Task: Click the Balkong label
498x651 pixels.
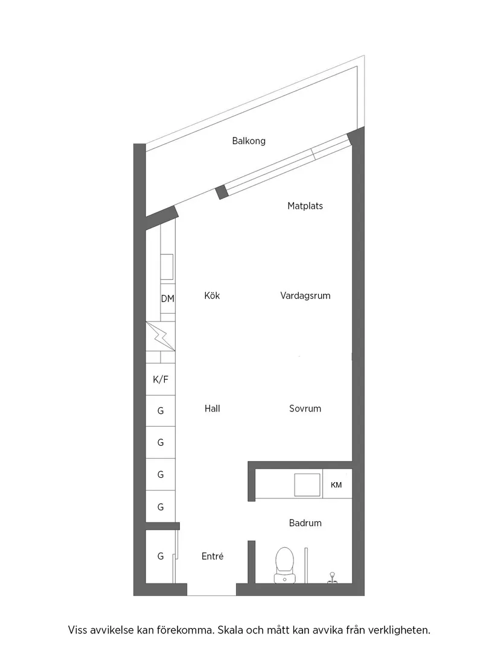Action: tap(249, 141)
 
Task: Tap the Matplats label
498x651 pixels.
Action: tap(305, 206)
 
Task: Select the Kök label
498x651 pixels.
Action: tap(212, 296)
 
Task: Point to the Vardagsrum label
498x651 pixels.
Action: tap(305, 296)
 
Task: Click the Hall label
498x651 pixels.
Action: tap(212, 408)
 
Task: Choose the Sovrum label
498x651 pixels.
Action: tap(305, 408)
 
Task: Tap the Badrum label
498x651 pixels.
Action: tap(305, 523)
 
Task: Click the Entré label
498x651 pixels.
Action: tap(212, 556)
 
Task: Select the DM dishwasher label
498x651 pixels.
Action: tap(167, 298)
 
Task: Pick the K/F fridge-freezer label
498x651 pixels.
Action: tap(161, 379)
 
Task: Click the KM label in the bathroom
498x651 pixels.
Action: tap(336, 484)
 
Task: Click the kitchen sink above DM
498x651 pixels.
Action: tap(167, 266)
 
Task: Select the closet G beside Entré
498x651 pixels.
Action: tap(161, 556)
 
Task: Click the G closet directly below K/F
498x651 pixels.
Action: tap(161, 411)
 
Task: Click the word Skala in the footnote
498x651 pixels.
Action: tap(228, 630)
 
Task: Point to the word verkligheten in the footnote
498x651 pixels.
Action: tap(400, 630)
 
